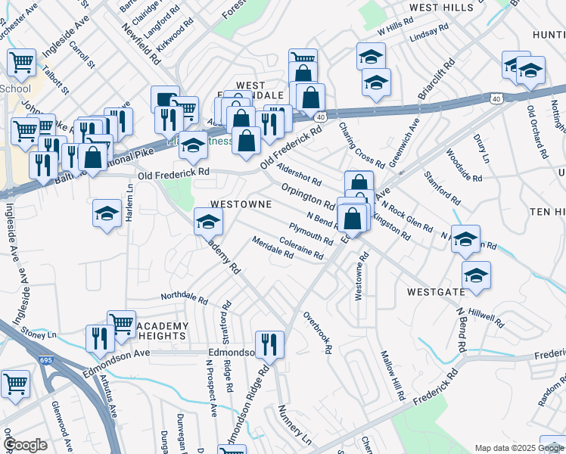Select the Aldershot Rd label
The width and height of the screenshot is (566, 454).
click(x=299, y=175)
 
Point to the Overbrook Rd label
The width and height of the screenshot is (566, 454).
click(x=318, y=333)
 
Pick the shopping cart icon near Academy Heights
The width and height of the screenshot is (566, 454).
click(x=121, y=324)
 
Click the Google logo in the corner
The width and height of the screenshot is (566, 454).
click(x=25, y=446)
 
